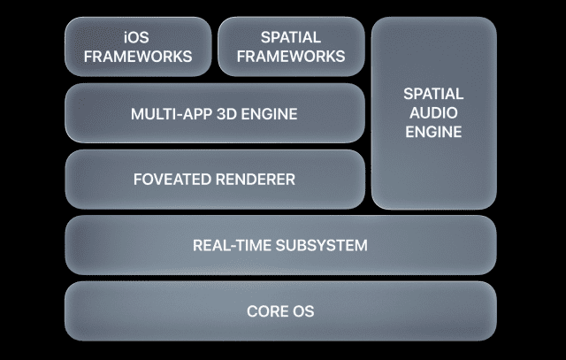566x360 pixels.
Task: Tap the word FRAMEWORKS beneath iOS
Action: tap(137, 56)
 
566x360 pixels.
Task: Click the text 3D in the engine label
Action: tap(229, 114)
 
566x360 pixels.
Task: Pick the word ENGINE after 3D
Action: tap(270, 114)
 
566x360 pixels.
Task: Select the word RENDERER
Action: tap(255, 180)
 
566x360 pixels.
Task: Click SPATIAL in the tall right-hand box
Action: tap(433, 93)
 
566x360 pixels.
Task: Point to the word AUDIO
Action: tap(433, 112)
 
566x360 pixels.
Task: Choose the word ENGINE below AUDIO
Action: tap(433, 132)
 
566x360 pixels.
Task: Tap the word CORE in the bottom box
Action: tap(266, 311)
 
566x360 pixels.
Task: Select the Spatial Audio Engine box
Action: tap(433, 168)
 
